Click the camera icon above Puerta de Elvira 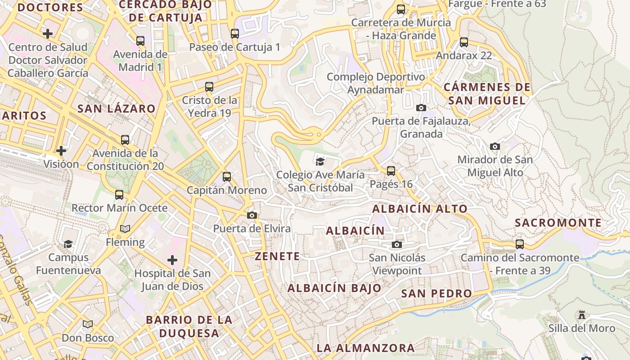252,215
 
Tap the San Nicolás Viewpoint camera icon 396,244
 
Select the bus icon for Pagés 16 391,171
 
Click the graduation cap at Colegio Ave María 320,161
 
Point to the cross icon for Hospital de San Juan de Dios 172,260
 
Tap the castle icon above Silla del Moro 582,315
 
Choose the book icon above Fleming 125,229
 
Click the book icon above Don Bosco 88,324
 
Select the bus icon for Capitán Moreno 227,176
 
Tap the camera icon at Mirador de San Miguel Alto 495,146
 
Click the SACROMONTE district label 558,223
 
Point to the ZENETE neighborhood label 277,256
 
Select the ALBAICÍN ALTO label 420,209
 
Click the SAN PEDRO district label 436,293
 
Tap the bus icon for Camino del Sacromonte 520,244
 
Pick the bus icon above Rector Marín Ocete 119,194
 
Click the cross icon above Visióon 61,150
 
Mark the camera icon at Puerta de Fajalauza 421,108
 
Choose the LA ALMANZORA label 365,348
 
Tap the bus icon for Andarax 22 464,42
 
